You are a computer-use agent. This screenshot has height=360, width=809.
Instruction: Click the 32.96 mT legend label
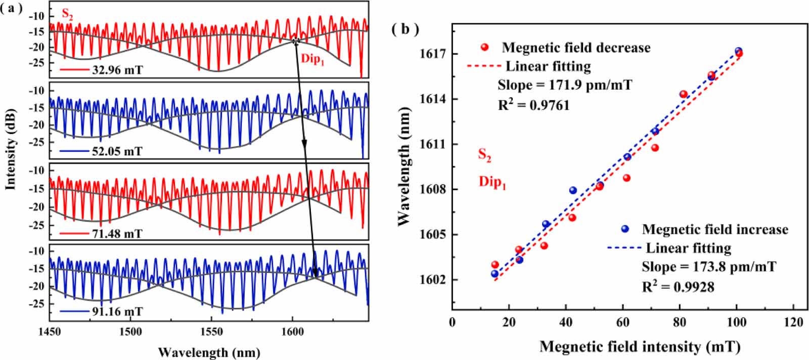point(117,69)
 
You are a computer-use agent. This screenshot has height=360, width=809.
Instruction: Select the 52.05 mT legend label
point(117,151)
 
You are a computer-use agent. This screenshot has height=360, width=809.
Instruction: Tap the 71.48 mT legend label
point(117,234)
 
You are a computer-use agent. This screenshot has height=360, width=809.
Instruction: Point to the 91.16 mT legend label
point(117,311)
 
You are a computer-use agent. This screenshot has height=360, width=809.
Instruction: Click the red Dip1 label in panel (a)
point(313,59)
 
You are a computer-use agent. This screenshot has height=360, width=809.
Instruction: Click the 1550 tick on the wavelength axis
point(211,332)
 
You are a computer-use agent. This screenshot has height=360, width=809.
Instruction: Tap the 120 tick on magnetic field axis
point(793,322)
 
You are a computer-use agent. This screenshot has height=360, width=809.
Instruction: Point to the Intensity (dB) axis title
point(11,149)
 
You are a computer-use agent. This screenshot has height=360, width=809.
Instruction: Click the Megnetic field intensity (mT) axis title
point(640,347)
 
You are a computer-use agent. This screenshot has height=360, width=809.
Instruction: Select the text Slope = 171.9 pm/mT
point(565,85)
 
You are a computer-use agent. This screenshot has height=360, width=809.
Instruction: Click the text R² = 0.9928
point(678,287)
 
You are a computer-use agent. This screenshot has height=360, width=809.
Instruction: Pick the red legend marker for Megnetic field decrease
point(485,48)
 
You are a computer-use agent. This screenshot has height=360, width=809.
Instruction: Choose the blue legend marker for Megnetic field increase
point(625,229)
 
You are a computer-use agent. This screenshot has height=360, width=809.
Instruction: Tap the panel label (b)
point(405,30)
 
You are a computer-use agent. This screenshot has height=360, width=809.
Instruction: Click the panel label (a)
point(12,8)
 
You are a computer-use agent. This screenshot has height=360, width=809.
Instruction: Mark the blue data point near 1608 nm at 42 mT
point(573,190)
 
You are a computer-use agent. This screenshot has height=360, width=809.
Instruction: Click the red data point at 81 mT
point(683,94)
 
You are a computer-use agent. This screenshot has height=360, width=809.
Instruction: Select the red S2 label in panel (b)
point(485,155)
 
